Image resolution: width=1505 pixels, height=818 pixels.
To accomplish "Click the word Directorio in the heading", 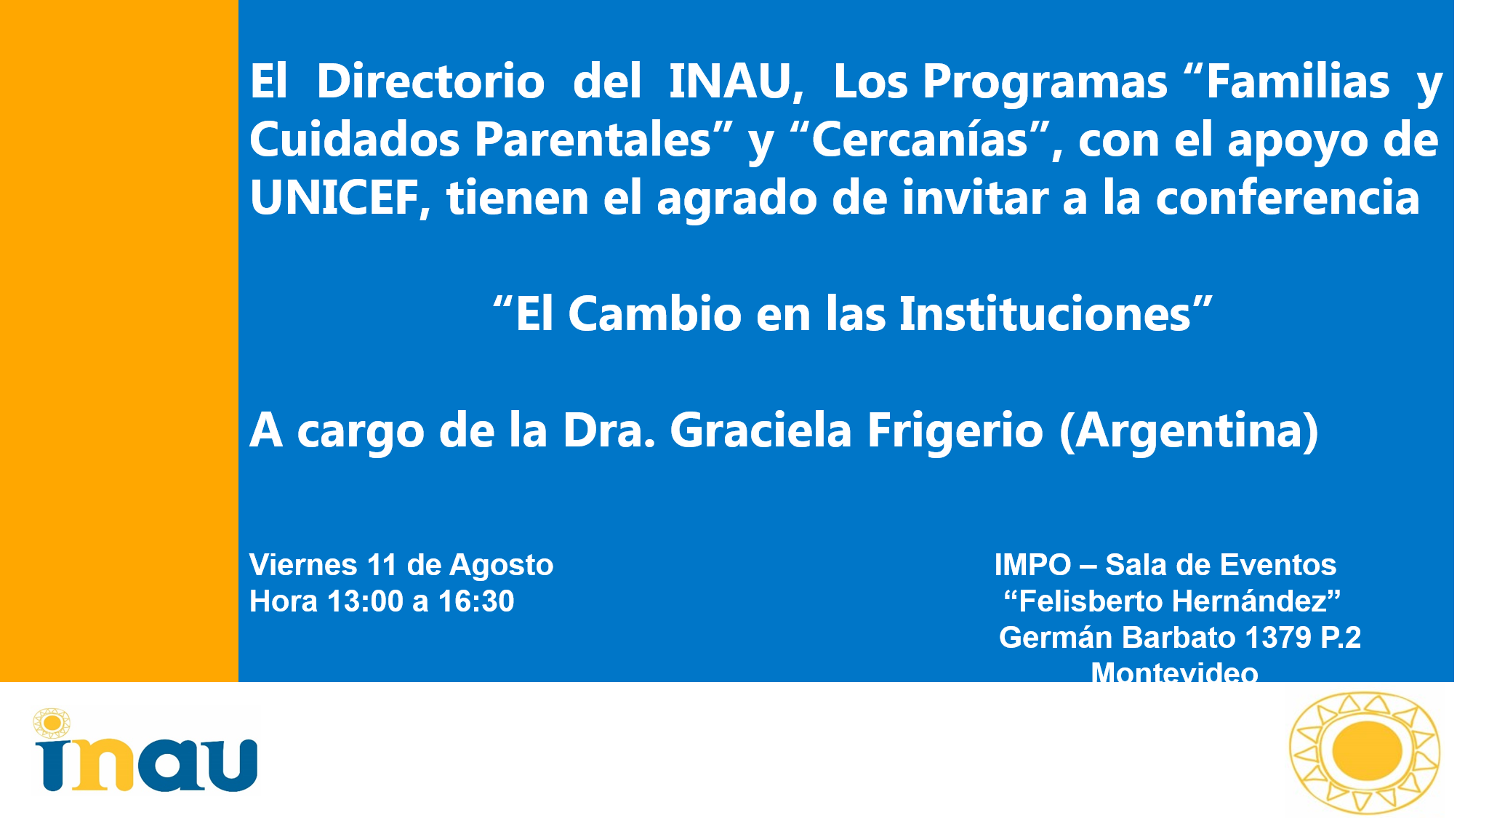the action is [430, 81].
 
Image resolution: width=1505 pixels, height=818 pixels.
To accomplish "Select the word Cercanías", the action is [920, 139].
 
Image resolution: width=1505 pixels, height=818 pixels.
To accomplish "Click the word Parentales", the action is [593, 139].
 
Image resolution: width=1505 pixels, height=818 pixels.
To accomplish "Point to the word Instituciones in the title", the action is [1046, 314].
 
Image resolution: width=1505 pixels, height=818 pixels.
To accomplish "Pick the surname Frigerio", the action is [955, 430].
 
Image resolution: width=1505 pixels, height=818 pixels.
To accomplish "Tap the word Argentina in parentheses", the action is [1189, 430].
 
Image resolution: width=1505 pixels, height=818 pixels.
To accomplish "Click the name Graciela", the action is [760, 430].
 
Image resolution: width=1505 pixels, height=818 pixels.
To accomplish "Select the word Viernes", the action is [303, 565].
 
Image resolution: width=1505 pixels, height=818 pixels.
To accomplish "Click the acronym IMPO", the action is [1032, 565].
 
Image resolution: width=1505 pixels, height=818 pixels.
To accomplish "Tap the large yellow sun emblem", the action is [1364, 753].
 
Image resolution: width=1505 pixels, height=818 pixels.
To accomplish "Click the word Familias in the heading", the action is [1298, 81].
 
